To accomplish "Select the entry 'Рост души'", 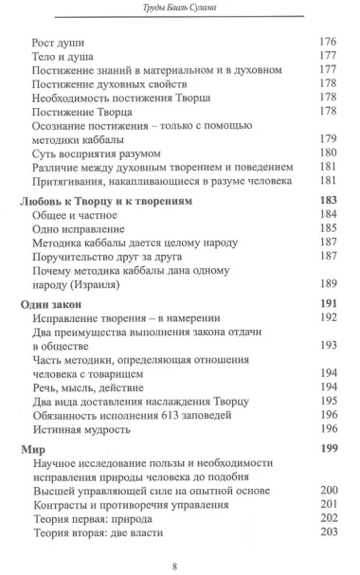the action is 62,43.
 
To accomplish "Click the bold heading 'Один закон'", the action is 54,303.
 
